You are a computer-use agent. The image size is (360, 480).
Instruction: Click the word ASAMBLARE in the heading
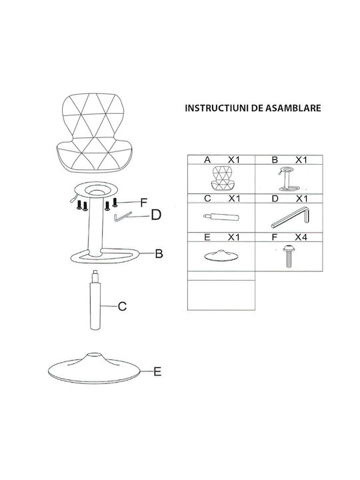pos(293,108)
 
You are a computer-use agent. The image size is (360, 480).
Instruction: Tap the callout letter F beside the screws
pos(143,203)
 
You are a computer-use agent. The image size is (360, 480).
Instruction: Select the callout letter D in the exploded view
pos(156,215)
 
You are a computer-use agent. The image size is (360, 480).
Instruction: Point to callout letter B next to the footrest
pos(159,253)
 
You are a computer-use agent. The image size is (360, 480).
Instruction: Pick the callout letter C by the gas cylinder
pos(122,306)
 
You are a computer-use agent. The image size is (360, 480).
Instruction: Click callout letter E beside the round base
pos(157,371)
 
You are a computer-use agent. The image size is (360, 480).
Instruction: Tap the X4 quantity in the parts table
pos(301,237)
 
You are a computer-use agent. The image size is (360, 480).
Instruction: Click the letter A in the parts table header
pos(207,160)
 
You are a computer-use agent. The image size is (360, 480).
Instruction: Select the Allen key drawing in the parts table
pos(290,217)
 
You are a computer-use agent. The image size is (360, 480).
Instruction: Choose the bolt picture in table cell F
pos(288,255)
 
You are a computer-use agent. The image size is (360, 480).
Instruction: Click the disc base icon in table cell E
pos(221,255)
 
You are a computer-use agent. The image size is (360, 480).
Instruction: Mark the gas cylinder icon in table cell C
pos(221,217)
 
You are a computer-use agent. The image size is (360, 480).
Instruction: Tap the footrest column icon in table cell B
pos(289,179)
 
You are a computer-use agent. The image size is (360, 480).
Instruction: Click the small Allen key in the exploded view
pos(123,217)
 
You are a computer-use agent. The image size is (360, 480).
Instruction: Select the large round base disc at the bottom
pos(95,368)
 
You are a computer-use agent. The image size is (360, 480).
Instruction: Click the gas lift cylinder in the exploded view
pos(95,300)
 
